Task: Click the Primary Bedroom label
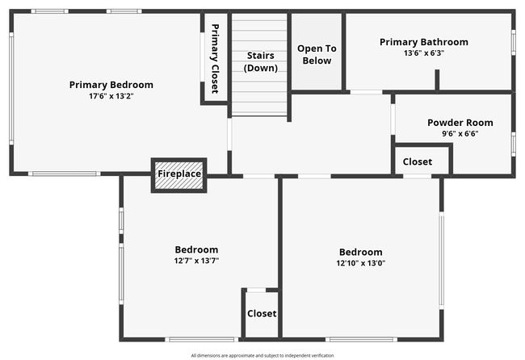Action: (x=111, y=85)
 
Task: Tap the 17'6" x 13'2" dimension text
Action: (x=111, y=96)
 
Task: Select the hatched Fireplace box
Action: (x=179, y=175)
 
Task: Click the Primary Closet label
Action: (x=215, y=59)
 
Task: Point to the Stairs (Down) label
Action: (x=261, y=62)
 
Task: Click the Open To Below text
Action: (x=317, y=55)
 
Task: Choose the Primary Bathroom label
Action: (x=424, y=42)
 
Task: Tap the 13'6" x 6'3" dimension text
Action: (x=424, y=53)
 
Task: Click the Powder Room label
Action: (x=460, y=123)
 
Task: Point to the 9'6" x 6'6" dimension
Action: (x=460, y=134)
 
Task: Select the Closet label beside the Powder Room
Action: (x=418, y=162)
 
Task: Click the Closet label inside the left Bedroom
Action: (x=262, y=313)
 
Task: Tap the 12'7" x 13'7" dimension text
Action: (x=196, y=261)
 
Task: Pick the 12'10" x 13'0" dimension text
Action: (x=360, y=263)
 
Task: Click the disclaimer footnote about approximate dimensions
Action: (x=262, y=355)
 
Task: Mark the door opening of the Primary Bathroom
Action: (x=367, y=92)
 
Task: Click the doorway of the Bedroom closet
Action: (x=257, y=290)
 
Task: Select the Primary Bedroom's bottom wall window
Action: (x=65, y=174)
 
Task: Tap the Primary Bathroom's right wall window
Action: (x=513, y=43)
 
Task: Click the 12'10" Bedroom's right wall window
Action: (x=442, y=261)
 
